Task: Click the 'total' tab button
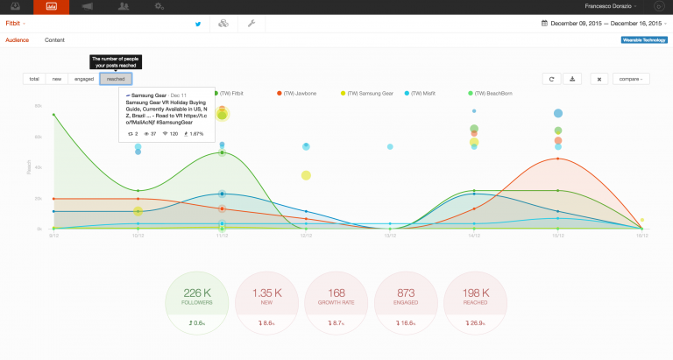point(34,79)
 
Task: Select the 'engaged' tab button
point(84,79)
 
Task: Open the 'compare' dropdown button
point(631,79)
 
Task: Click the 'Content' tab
point(54,40)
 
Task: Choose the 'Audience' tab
point(18,40)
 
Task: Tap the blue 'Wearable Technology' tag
point(643,40)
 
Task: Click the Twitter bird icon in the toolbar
point(197,24)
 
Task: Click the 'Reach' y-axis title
point(30,166)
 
